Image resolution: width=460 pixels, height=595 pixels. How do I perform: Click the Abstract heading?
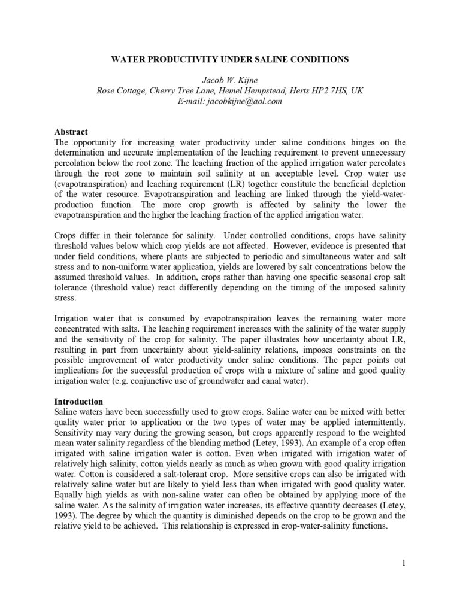71,132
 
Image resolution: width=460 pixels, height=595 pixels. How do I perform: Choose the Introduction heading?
78,401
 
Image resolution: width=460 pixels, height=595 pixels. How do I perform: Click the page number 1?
404,562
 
